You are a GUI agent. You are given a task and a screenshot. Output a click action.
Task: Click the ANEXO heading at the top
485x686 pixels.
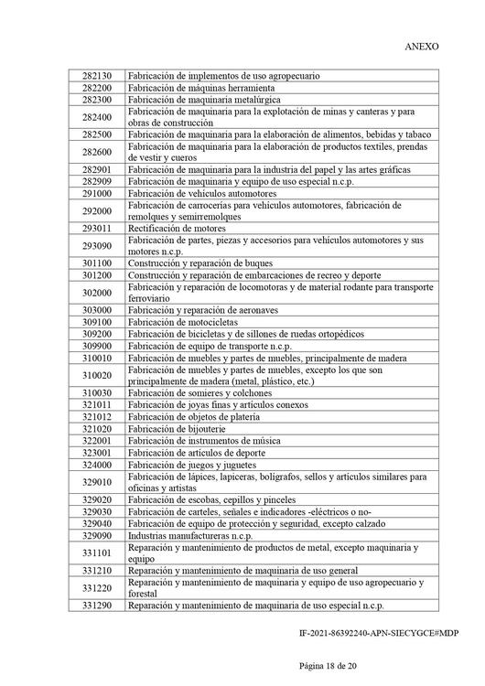coord(421,45)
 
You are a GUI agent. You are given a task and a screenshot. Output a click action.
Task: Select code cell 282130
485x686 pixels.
coord(96,76)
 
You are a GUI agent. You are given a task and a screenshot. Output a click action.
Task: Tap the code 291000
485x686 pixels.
coord(96,194)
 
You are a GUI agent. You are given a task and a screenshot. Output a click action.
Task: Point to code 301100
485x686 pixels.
coord(96,263)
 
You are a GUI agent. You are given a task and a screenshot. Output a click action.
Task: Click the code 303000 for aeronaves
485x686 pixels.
coord(96,311)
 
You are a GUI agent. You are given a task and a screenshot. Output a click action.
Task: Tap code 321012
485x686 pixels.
coord(96,416)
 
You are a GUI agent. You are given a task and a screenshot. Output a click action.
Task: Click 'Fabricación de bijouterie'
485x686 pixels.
coord(179,428)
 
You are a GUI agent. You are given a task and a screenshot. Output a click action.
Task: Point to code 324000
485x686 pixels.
coord(96,465)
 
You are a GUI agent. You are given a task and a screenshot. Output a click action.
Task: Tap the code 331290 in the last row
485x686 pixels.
coord(96,606)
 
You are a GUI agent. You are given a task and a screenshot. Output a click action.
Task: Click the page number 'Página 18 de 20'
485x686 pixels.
coord(242,664)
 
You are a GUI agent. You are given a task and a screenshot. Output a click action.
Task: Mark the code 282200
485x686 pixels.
coord(96,88)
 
